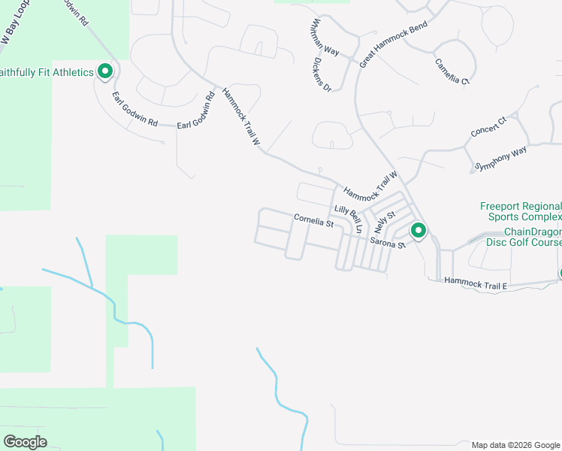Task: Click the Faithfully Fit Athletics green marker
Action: (x=105, y=72)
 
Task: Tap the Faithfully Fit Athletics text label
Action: (x=47, y=72)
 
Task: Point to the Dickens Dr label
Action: (x=322, y=74)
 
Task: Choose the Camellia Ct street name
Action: (x=452, y=70)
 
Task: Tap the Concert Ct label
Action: (x=489, y=126)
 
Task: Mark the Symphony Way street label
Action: (x=501, y=159)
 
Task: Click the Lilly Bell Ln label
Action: (x=348, y=218)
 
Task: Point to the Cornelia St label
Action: (x=313, y=221)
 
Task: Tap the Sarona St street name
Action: (x=388, y=244)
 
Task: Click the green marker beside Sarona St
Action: (x=418, y=231)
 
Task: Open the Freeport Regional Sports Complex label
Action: (x=520, y=212)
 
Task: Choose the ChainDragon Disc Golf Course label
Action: (x=532, y=237)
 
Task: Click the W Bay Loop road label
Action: (x=15, y=29)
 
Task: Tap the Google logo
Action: (x=25, y=442)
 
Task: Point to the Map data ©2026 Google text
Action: (x=515, y=445)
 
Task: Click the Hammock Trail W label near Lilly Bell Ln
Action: (x=369, y=186)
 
